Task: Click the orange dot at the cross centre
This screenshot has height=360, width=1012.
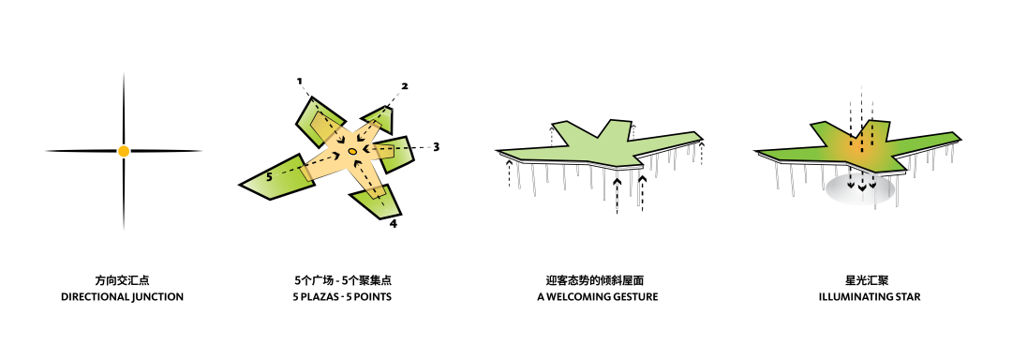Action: coord(124,151)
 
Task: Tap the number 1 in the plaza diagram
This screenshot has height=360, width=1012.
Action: coord(300,82)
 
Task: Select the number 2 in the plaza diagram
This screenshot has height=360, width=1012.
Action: coord(405,86)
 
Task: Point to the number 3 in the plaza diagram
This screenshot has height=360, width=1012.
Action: coord(436,147)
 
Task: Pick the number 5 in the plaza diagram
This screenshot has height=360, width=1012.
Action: coord(269,175)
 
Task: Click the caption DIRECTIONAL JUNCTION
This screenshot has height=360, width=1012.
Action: coord(123,297)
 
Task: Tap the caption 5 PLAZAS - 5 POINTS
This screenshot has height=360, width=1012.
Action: coord(342,297)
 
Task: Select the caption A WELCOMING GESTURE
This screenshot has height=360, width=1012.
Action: coord(598,297)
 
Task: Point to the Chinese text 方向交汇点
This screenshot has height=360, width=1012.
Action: coord(123,280)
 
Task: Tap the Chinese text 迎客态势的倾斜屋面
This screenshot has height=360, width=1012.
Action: coord(598,280)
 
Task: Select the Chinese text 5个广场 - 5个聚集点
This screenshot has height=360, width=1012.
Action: coord(342,280)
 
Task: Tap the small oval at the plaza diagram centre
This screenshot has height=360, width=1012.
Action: coord(352,151)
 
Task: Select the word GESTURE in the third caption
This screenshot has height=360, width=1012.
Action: coord(631,297)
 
